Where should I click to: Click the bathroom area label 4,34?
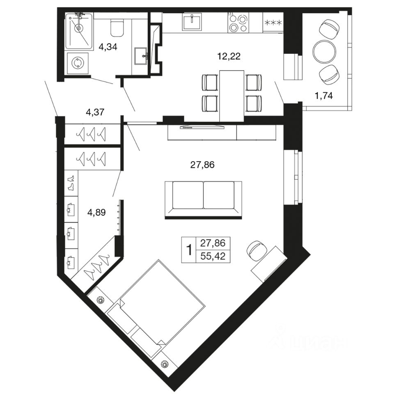108,47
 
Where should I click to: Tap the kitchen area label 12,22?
229,56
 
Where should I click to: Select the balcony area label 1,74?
324,96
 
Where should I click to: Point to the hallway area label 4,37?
95,112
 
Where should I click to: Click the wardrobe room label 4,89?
96,213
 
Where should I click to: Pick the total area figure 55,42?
213,257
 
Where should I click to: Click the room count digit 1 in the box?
189,250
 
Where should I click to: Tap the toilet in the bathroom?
117,28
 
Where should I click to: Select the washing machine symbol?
78,63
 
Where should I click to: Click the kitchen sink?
192,22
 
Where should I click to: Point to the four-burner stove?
238,23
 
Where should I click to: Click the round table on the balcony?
324,52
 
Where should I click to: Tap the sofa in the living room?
203,199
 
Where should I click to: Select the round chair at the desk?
257,250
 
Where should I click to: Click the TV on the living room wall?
202,127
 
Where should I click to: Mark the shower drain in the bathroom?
79,28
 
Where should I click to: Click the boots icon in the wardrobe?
71,183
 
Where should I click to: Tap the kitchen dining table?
231,96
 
